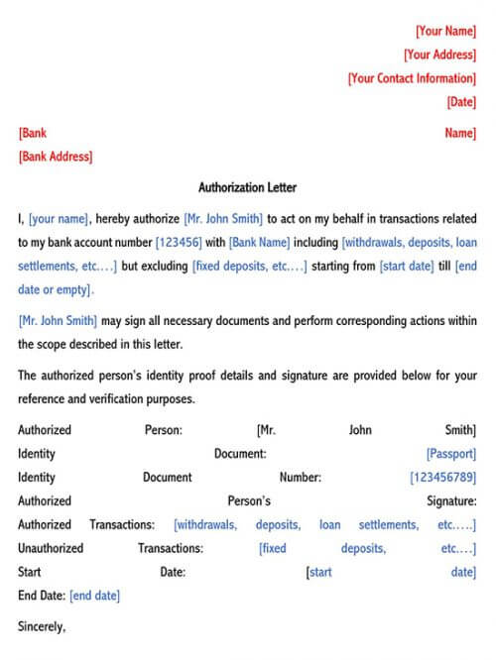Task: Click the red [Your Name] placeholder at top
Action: pos(445,31)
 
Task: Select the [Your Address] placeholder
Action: pos(439,55)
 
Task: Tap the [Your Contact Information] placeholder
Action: pos(412,78)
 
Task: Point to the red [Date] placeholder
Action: pos(461,102)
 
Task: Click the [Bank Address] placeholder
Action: pos(56,157)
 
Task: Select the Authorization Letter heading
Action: pos(247,187)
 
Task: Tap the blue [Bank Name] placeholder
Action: pos(259,242)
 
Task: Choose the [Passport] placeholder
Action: pos(450,454)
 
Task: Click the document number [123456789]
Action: pos(442,478)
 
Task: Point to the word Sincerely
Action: pos(42,626)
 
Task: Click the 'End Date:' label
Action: pos(42,596)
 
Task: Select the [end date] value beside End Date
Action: pos(94,596)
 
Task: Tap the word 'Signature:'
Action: pos(451,501)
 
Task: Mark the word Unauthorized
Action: pos(51,548)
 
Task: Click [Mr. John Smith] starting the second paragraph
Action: pos(58,320)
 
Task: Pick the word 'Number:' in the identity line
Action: pos(301,478)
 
